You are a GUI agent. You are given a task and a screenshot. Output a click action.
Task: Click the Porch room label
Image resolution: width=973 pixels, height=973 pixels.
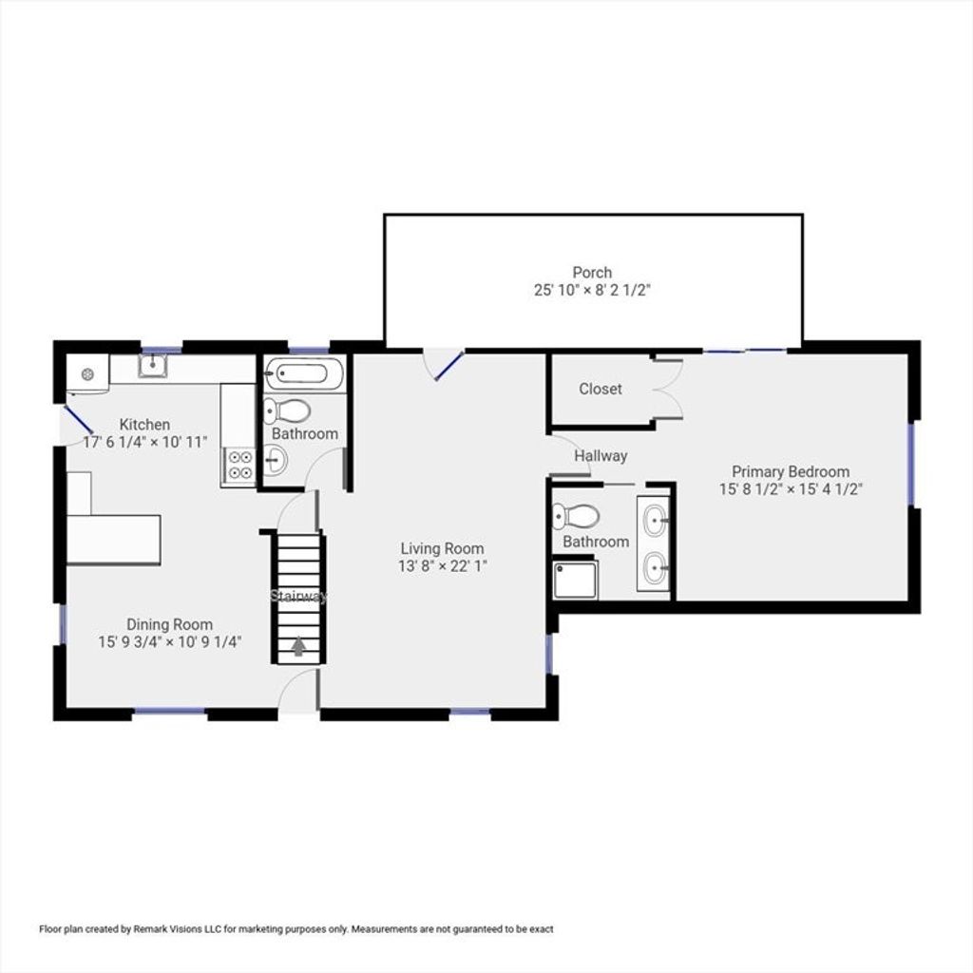click(x=592, y=273)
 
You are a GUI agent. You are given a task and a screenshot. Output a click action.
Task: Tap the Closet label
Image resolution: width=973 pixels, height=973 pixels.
click(x=601, y=389)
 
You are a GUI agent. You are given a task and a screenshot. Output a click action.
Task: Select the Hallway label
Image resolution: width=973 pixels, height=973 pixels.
click(x=601, y=456)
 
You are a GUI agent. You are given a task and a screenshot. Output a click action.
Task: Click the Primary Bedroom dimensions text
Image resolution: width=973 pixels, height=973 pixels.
click(x=791, y=489)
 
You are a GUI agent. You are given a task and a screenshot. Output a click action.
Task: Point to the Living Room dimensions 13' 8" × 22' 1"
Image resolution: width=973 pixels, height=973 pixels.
click(x=443, y=566)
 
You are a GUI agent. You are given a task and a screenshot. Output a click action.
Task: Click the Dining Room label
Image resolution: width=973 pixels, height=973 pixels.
click(x=169, y=624)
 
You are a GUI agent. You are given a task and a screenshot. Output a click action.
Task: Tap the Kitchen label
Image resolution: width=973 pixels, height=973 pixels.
click(x=144, y=425)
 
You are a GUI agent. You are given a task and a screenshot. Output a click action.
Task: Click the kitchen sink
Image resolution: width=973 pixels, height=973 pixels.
click(x=153, y=366)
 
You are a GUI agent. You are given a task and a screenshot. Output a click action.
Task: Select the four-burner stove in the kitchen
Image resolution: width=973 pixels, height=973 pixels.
click(x=240, y=465)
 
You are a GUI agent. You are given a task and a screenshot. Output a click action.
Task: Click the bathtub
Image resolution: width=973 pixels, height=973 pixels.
click(x=304, y=374)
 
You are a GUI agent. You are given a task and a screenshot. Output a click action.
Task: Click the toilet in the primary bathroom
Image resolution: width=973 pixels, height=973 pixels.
click(x=575, y=516)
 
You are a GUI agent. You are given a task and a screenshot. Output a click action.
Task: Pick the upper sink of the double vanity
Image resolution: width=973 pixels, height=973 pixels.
click(x=654, y=522)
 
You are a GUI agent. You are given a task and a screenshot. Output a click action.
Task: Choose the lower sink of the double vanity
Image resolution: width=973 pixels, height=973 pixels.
click(x=654, y=569)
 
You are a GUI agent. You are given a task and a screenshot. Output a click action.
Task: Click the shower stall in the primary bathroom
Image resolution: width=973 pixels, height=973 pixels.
click(x=575, y=581)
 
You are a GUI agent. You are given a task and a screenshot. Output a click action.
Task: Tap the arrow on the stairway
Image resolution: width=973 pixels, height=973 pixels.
click(x=299, y=646)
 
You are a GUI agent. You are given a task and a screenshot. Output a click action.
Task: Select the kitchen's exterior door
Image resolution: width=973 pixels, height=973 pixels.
click(x=78, y=419)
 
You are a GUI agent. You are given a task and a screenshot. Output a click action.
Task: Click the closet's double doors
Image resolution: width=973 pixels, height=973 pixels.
click(x=668, y=389)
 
